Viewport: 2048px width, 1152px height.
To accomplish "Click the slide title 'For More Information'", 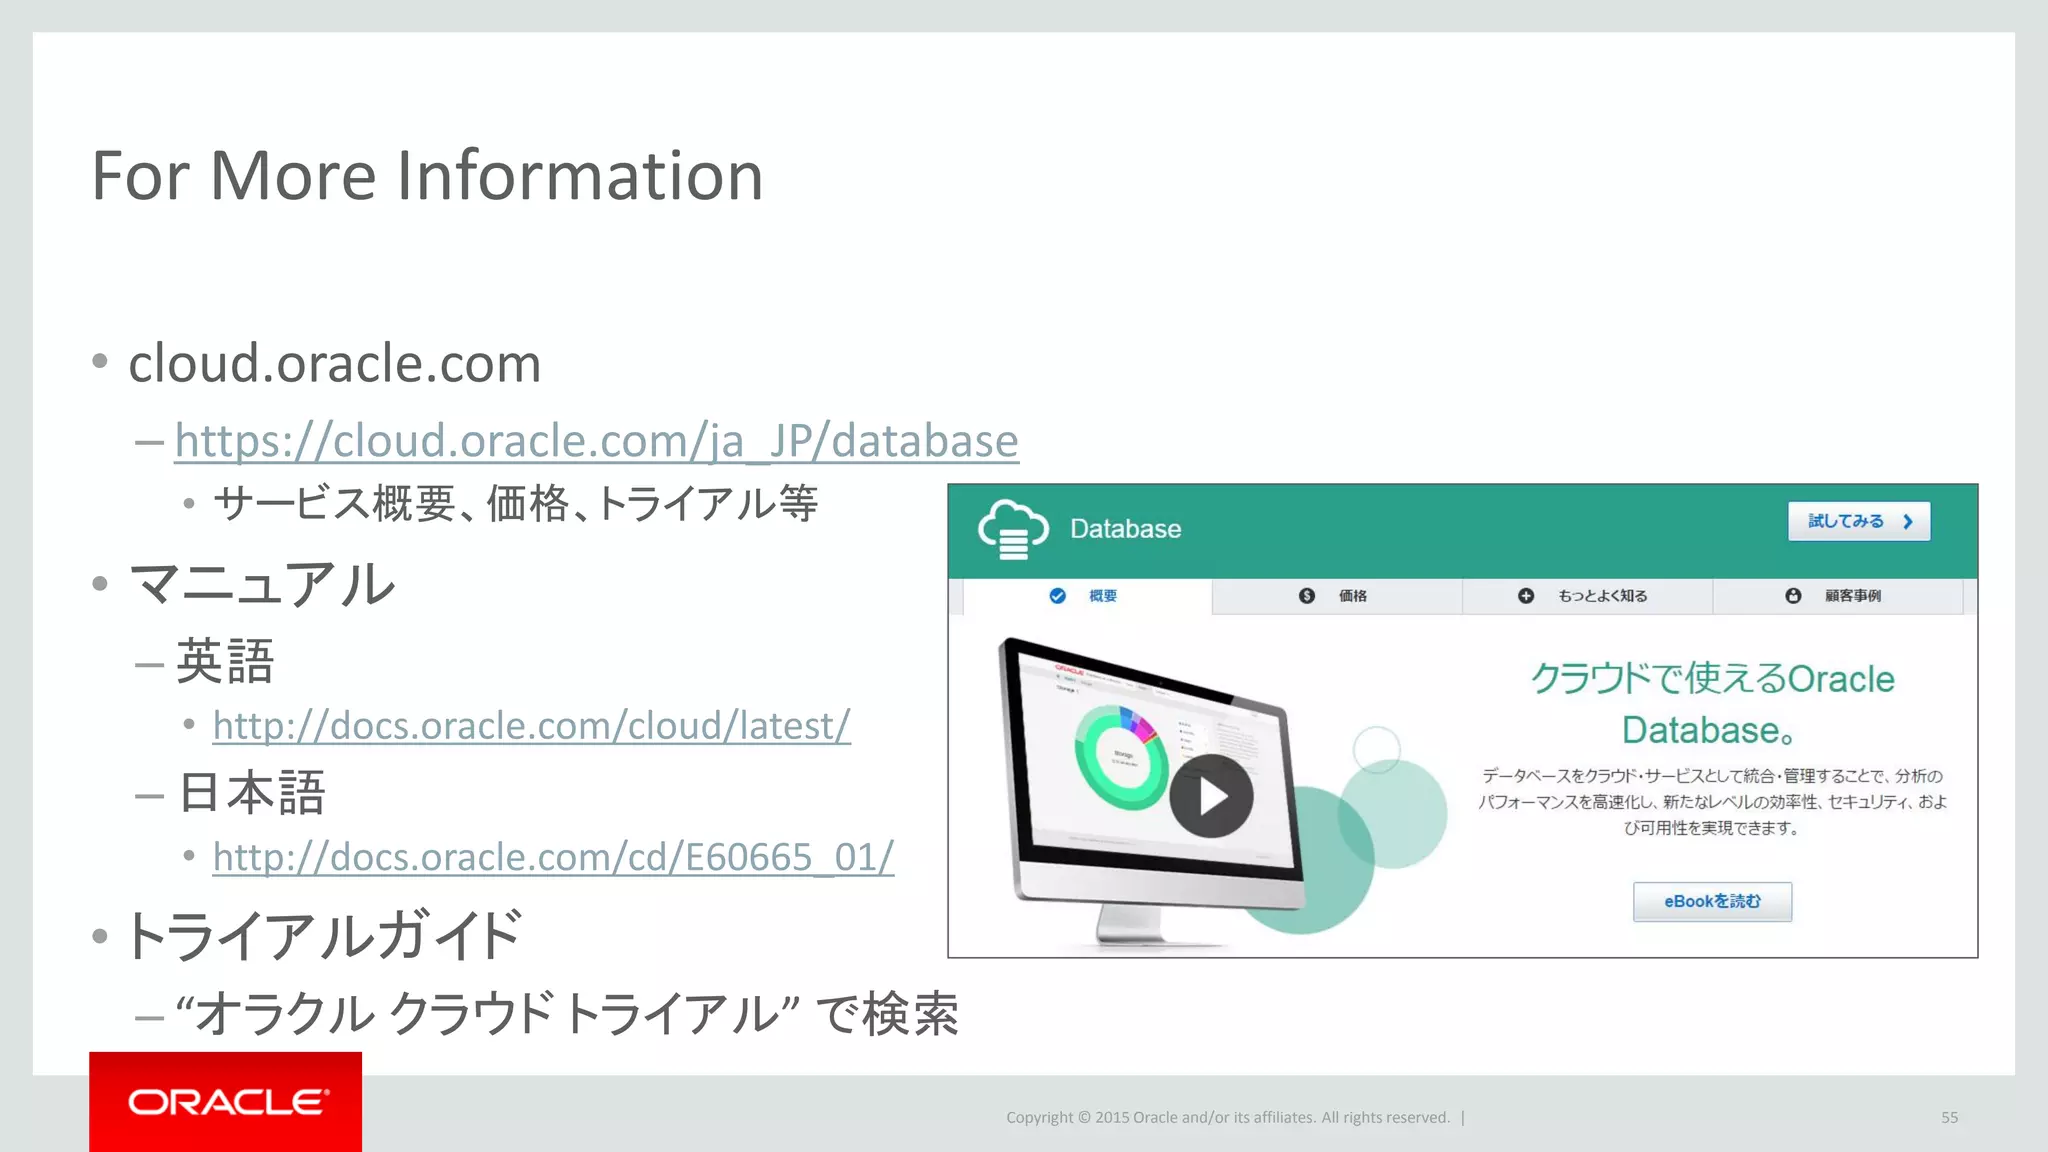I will (427, 176).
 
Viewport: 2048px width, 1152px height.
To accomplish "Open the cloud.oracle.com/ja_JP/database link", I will (596, 441).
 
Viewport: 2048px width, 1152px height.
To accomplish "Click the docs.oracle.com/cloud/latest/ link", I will (531, 726).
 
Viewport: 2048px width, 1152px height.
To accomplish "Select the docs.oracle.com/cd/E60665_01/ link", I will (553, 857).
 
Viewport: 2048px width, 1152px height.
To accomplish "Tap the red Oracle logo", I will (226, 1102).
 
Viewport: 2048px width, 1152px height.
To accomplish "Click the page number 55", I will (1949, 1117).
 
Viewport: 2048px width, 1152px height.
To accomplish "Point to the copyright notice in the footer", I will (1227, 1117).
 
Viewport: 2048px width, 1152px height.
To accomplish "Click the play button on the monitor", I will (1211, 796).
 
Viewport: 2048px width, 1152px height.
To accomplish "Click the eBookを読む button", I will (1712, 901).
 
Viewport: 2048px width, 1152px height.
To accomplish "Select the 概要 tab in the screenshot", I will (1086, 596).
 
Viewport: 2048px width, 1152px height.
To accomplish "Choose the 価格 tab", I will (1336, 596).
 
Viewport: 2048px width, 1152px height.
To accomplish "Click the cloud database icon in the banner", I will (1013, 529).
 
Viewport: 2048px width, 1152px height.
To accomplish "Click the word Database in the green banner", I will (1125, 529).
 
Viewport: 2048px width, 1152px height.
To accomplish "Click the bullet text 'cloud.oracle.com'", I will (335, 363).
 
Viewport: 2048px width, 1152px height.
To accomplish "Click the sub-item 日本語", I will (251, 793).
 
